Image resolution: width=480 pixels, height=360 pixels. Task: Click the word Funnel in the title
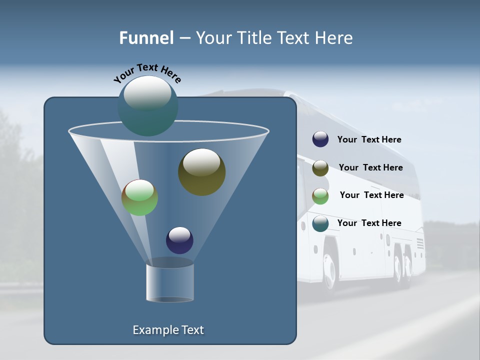point(146,38)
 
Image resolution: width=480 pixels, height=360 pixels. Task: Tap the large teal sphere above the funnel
point(148,106)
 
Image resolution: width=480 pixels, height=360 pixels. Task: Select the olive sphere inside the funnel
point(201,172)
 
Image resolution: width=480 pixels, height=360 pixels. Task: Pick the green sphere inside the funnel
point(139,197)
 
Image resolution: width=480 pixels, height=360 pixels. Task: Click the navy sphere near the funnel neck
point(179,240)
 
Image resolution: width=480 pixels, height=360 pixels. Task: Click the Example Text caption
point(168,330)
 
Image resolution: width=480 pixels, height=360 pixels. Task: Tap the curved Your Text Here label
point(147,73)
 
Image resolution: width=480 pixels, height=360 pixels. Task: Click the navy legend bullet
point(320,139)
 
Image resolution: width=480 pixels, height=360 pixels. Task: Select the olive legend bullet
point(320,168)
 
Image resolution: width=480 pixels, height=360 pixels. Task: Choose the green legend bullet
point(320,195)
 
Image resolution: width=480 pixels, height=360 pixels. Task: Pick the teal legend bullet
point(320,223)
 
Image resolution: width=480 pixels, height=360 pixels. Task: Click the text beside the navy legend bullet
point(369,139)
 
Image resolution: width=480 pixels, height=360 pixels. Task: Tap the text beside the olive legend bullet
point(370,167)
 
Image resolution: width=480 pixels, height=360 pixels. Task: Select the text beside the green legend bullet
point(371,195)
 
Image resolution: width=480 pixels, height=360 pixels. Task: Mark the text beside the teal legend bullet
point(369,223)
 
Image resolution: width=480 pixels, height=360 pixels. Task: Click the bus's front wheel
point(330,270)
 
